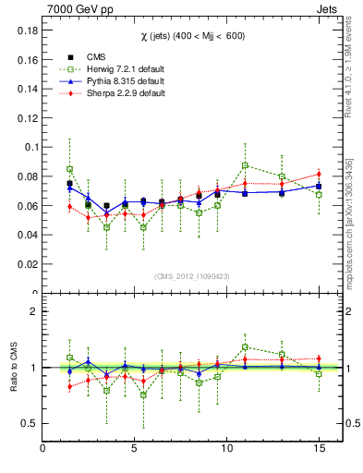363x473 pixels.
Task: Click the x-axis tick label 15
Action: pyautogui.click(x=319, y=450)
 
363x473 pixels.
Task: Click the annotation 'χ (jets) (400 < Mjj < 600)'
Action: pyautogui.click(x=190, y=34)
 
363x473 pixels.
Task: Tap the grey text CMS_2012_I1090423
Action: pyautogui.click(x=190, y=275)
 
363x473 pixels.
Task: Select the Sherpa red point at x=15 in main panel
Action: pyautogui.click(x=319, y=174)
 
